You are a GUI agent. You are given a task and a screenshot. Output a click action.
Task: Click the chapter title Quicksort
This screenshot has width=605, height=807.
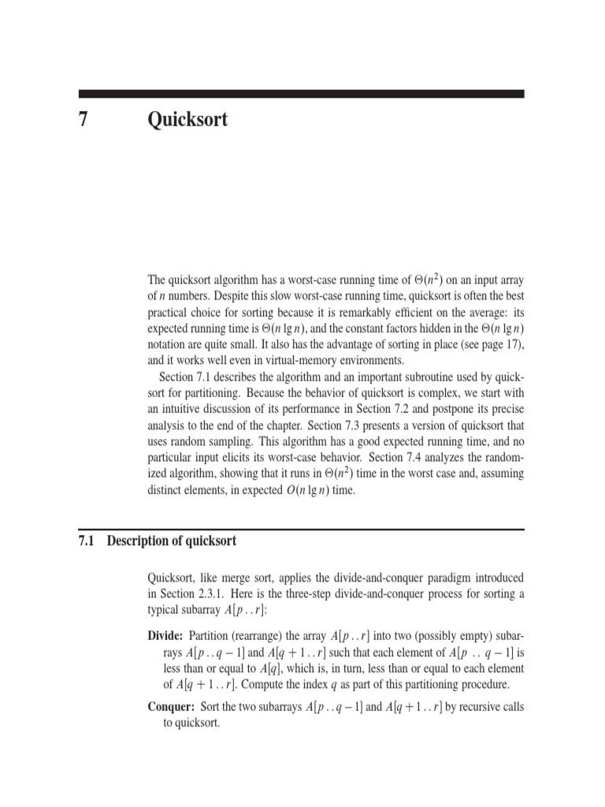coord(187,120)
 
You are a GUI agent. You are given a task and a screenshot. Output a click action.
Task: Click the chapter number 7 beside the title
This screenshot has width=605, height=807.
coord(82,120)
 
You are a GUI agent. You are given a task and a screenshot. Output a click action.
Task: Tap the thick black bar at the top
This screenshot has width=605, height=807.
coord(302,93)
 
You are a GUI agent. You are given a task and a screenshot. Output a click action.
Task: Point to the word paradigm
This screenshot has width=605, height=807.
coord(452,578)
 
